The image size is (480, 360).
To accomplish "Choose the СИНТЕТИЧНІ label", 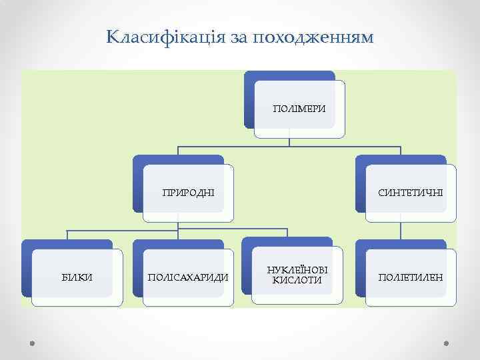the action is point(410,193).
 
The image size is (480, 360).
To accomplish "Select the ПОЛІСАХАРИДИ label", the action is point(188,277).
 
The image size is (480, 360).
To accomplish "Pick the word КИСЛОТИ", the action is point(297,281).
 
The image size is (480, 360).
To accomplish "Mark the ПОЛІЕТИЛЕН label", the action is point(410,277).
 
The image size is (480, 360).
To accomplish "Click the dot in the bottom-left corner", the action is point(33,343).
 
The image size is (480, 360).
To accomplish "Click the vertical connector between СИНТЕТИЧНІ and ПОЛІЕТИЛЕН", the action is point(400,230).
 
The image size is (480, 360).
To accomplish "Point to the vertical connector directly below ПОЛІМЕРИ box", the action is point(289,141).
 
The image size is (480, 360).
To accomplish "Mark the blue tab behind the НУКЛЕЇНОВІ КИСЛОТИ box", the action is point(247,267).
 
